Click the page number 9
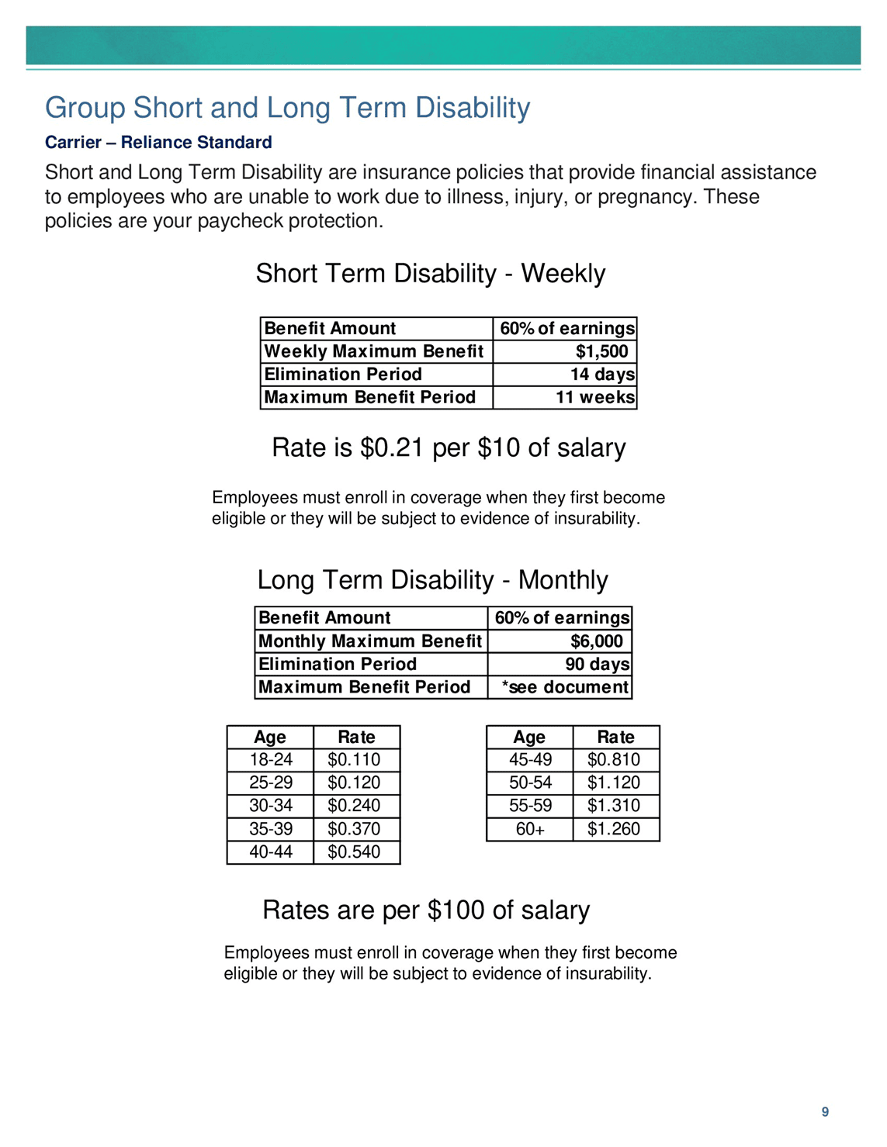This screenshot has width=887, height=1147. coord(825,1111)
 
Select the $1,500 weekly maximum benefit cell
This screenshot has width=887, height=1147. coord(601,351)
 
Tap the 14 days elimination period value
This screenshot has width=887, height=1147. coord(602,375)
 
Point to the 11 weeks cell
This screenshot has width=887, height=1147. coord(595,398)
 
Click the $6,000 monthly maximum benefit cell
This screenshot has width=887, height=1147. coord(596,641)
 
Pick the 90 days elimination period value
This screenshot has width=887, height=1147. coord(597,665)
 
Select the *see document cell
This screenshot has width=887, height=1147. coord(565,687)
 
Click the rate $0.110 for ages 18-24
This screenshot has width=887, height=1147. coord(354,760)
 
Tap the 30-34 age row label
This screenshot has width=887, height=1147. coord(271,806)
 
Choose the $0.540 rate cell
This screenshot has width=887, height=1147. coord(354,852)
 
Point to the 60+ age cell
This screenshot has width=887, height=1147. coord(530,829)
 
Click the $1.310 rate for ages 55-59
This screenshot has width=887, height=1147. coord(614,806)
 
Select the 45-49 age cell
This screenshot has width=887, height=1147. coord(530,760)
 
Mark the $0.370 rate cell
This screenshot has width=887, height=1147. coord(354,829)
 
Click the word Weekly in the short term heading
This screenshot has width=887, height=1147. coord(563,274)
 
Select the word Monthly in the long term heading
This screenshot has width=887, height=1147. coord(563,580)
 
